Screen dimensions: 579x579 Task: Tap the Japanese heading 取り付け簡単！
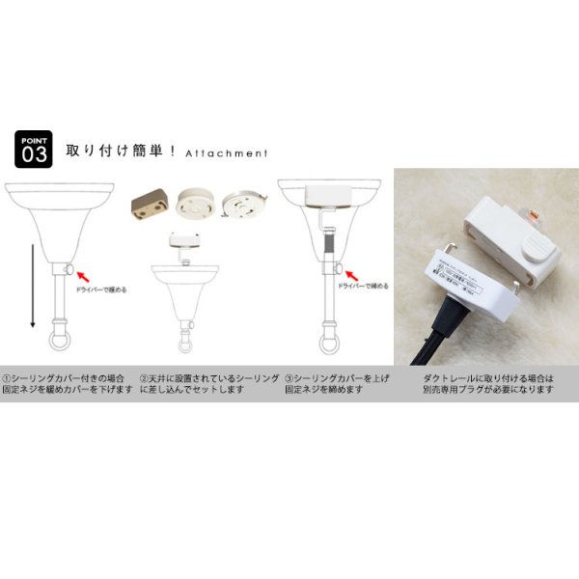pyautogui.click(x=120, y=152)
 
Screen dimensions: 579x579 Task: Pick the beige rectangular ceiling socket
pyautogui.click(x=152, y=206)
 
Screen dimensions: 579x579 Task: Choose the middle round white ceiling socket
pyautogui.click(x=196, y=205)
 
